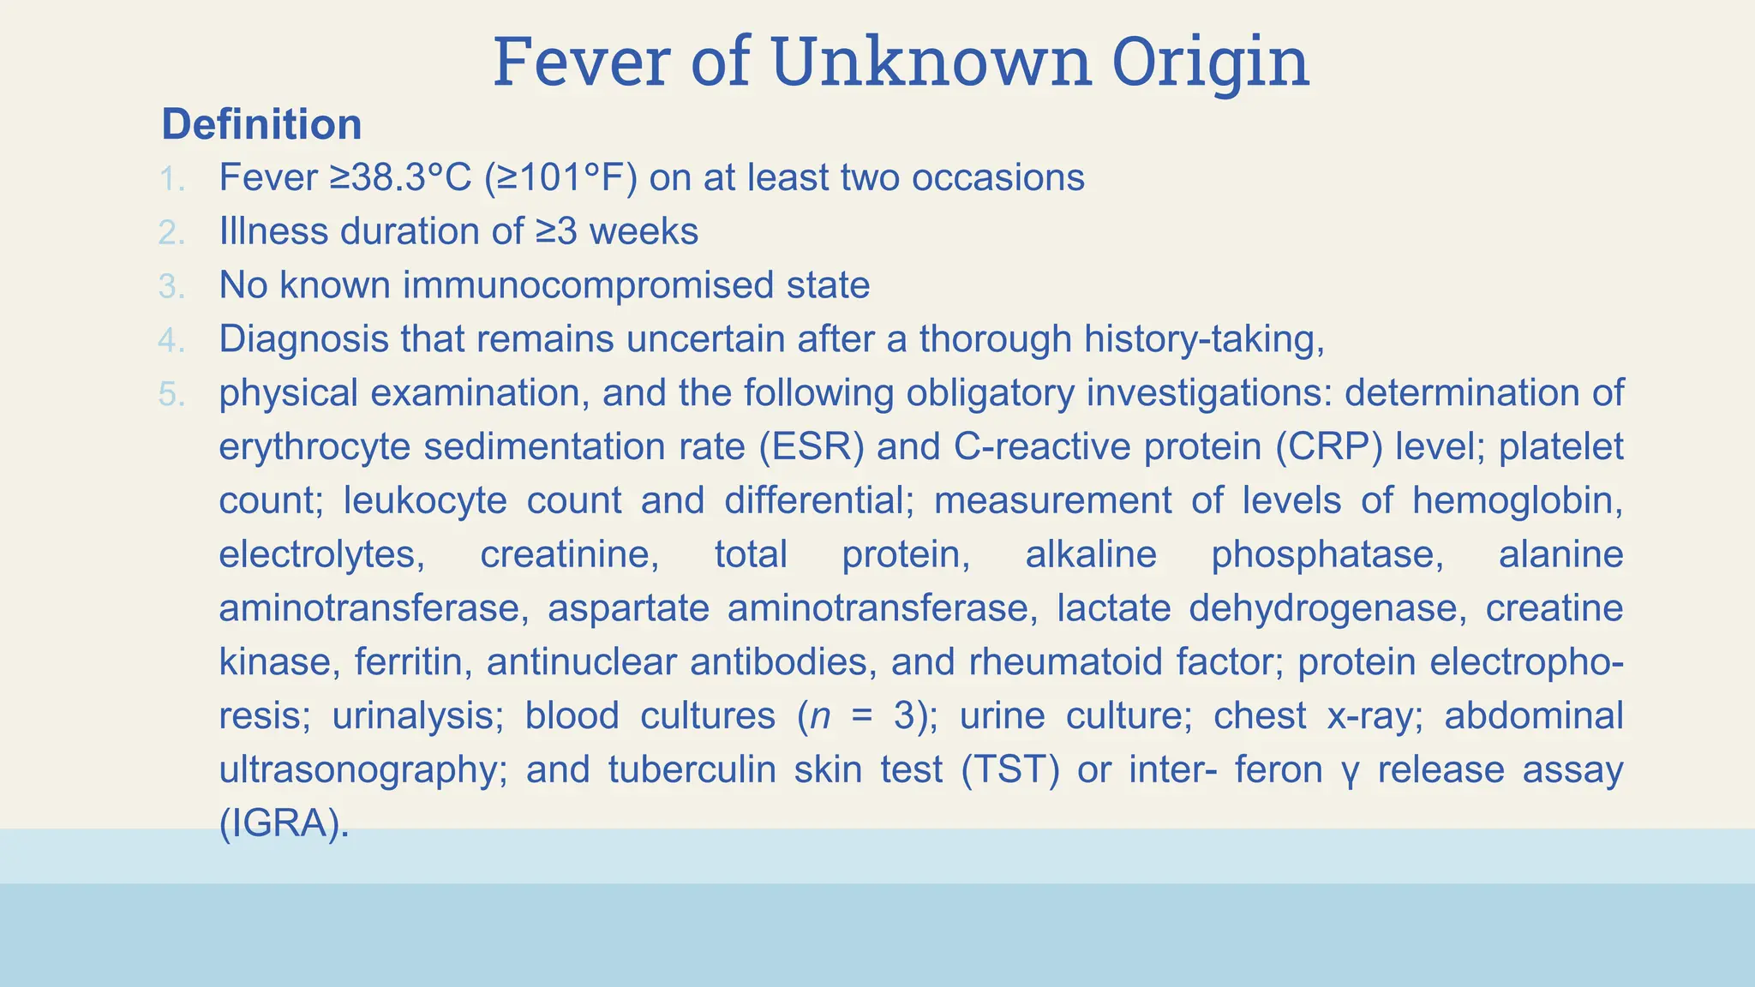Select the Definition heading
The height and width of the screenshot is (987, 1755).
coord(261,124)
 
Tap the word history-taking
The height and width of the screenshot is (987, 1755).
coord(1203,339)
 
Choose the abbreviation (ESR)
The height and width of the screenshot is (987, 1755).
coord(812,447)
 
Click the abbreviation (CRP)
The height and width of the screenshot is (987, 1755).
coord(1328,447)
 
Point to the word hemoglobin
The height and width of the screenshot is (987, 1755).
coord(1517,500)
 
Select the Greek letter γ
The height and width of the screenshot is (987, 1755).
coord(1350,772)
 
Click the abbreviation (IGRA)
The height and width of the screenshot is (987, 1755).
coord(285,823)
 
